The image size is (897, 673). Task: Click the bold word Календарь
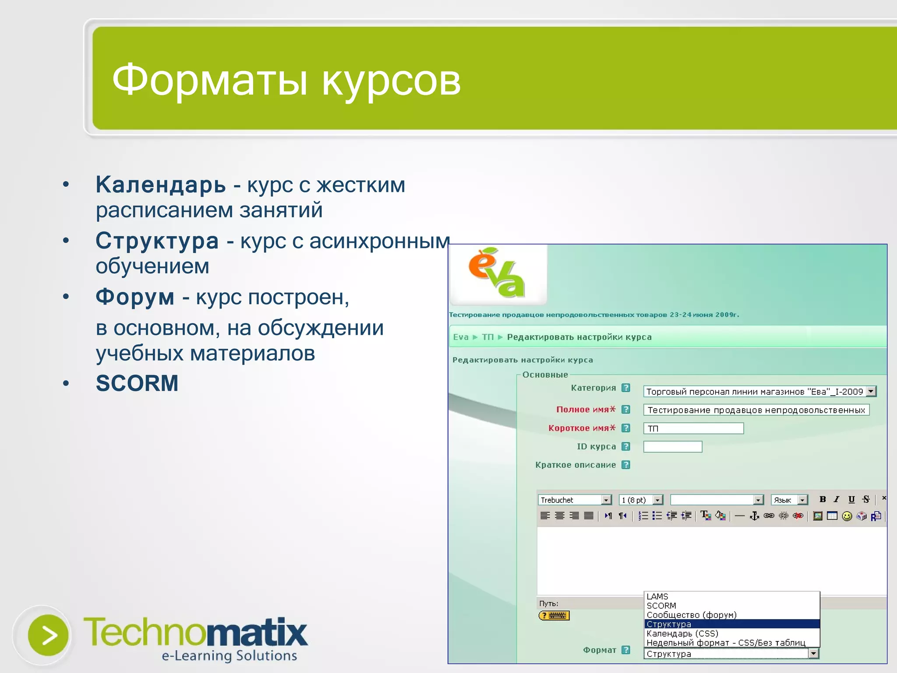click(161, 185)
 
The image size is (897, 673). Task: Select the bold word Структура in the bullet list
click(157, 241)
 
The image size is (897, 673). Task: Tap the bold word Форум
click(135, 297)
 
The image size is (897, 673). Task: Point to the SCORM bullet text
click(137, 383)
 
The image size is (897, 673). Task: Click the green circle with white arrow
click(48, 635)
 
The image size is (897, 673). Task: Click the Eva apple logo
click(497, 273)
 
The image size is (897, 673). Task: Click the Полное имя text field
click(756, 410)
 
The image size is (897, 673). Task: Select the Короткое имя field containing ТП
click(693, 429)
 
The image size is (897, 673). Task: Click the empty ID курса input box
click(672, 447)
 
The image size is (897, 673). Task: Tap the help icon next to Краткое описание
click(626, 465)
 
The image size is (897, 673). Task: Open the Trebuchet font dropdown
click(574, 500)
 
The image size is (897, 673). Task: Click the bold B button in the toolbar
click(823, 499)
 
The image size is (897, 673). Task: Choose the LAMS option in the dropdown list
click(657, 597)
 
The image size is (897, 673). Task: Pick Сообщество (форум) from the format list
click(691, 615)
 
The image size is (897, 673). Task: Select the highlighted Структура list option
click(669, 624)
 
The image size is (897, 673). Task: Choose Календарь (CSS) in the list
click(682, 634)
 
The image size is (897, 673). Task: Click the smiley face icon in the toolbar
click(847, 516)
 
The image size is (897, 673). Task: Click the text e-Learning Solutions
click(229, 656)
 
